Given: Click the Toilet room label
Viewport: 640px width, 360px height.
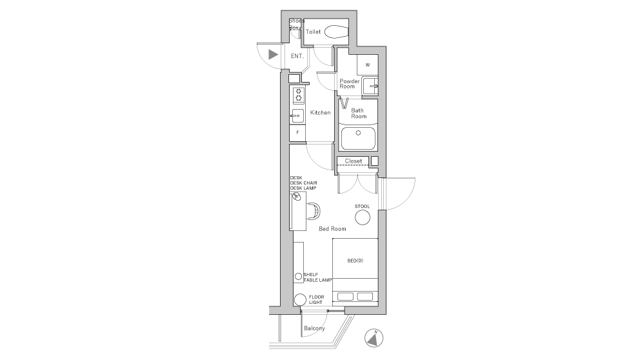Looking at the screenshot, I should click(x=313, y=31).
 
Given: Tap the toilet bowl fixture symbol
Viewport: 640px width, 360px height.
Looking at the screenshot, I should click(x=336, y=31).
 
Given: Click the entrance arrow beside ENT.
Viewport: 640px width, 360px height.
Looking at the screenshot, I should click(x=274, y=55).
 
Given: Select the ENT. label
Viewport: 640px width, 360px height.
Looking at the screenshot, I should click(x=297, y=56).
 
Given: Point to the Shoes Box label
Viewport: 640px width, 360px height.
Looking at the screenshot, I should click(x=295, y=25).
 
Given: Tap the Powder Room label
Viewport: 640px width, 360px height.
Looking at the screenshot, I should click(x=349, y=84).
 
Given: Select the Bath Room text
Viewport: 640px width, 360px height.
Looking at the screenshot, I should click(x=358, y=114).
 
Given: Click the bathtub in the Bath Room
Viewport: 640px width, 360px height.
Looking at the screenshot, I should click(x=358, y=137).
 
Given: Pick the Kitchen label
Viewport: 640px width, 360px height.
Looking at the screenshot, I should click(x=320, y=113).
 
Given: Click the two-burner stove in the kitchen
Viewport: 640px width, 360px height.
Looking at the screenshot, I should click(x=298, y=95).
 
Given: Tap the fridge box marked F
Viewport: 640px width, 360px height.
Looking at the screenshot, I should click(x=297, y=132).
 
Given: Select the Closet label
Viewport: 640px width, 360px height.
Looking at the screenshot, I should click(x=353, y=161).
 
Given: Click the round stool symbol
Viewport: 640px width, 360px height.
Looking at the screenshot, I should click(x=363, y=218).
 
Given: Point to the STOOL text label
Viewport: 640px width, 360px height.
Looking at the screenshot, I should click(x=362, y=206).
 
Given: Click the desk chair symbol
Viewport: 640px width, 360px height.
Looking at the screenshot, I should click(x=314, y=211).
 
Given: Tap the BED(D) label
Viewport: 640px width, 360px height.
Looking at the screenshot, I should click(x=355, y=261).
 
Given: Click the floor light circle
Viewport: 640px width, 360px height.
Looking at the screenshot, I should click(x=299, y=300).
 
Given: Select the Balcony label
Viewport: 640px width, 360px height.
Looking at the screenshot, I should click(x=314, y=328).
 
